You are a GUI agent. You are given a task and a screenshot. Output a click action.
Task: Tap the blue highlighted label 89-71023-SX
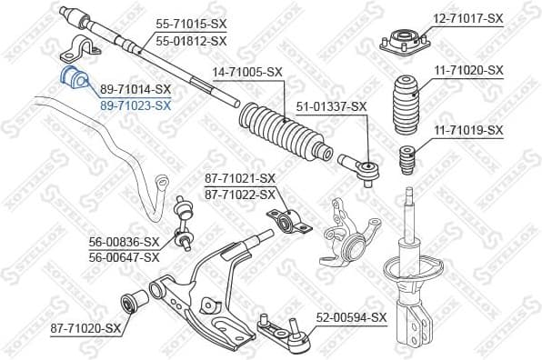click(135, 105)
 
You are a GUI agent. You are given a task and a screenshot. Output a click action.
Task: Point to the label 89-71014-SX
click(135, 89)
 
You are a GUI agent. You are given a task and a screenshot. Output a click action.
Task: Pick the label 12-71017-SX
click(467, 18)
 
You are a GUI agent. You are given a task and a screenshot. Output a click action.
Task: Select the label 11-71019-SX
click(467, 131)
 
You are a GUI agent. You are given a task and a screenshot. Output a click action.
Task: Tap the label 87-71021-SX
click(239, 178)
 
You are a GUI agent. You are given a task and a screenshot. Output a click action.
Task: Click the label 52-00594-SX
click(351, 317)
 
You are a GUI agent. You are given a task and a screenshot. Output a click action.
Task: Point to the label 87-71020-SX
click(85, 327)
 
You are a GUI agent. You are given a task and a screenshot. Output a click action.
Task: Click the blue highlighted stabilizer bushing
click(73, 79)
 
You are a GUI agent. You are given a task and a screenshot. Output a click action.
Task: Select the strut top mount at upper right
click(402, 43)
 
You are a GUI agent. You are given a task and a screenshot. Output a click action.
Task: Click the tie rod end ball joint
click(361, 167)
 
